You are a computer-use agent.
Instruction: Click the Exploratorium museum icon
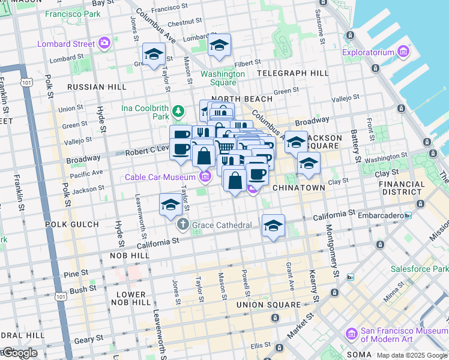402,52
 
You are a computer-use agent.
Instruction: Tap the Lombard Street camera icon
105,43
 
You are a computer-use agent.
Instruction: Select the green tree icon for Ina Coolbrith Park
178,111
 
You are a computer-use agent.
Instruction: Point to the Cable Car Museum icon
205,176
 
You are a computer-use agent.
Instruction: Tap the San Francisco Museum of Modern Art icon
352,332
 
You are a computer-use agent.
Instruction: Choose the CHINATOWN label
298,188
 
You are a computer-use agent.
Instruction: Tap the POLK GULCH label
71,224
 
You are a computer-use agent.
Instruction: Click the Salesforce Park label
418,269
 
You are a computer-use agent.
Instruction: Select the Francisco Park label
75,13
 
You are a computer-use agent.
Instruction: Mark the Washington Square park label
223,79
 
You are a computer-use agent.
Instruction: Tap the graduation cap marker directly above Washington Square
219,45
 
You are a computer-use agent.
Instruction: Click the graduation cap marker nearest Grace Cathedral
170,205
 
